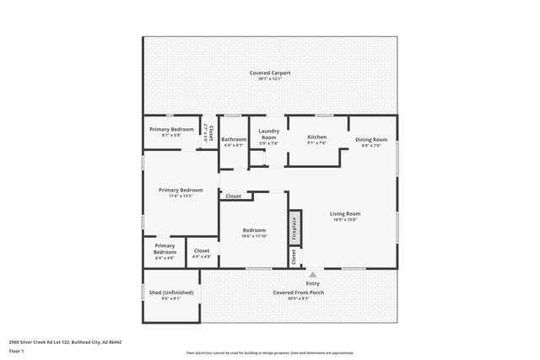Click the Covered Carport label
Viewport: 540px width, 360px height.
[x=270, y=73]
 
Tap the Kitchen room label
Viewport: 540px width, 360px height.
[x=316, y=137]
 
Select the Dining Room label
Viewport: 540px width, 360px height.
[x=371, y=139]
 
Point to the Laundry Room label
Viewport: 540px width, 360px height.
[x=269, y=133]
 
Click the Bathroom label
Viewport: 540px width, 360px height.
[x=234, y=139]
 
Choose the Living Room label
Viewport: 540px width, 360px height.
[x=344, y=213]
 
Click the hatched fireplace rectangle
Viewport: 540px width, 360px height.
[x=294, y=228]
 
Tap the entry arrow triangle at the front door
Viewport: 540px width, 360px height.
[x=313, y=274]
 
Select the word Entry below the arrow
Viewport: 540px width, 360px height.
[x=313, y=284]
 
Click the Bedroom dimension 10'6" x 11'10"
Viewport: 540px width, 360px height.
[x=255, y=236]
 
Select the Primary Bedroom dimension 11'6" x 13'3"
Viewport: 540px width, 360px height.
[x=181, y=196]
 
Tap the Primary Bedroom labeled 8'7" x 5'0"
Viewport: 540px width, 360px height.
[x=171, y=134]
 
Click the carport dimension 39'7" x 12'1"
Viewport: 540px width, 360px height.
[x=270, y=79]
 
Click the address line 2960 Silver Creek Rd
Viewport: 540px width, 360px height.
[x=65, y=342]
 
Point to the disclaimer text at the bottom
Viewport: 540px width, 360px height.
[x=270, y=352]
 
